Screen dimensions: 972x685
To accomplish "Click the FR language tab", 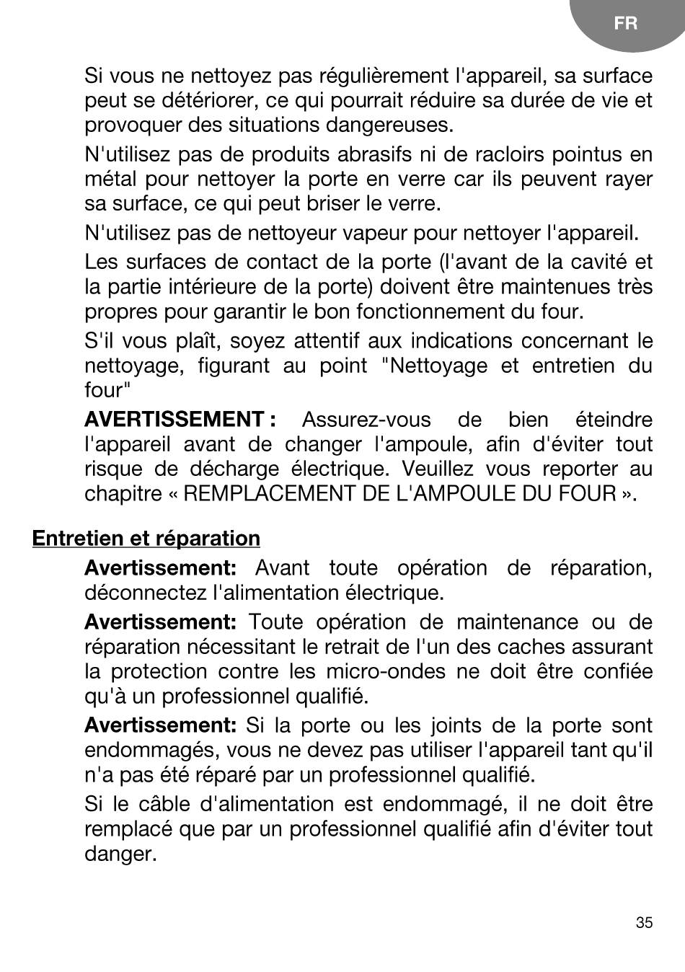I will click(x=626, y=23).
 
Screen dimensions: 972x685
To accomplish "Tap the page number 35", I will click(x=644, y=923).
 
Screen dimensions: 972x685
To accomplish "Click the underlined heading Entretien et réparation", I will click(x=146, y=539).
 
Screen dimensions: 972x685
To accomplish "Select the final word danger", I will click(x=120, y=854).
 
